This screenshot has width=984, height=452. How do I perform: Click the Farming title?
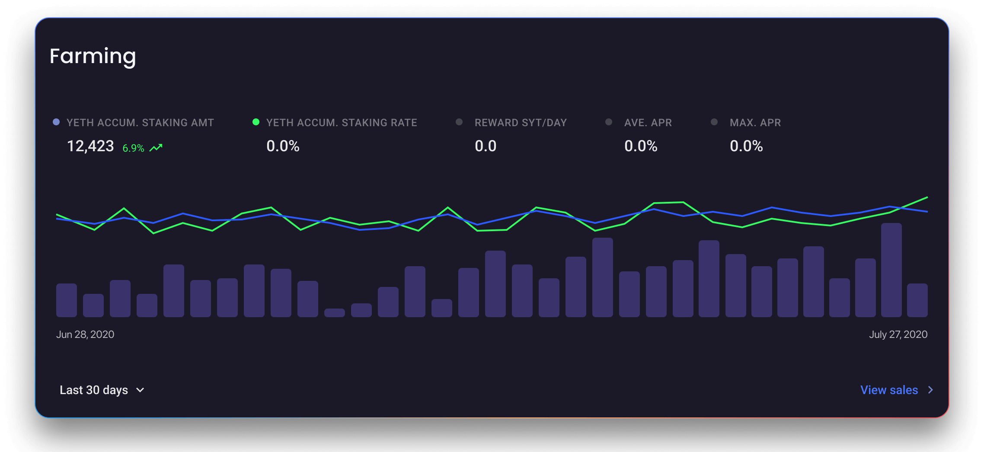coord(93,57)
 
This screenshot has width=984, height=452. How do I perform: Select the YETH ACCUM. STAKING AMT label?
coord(140,123)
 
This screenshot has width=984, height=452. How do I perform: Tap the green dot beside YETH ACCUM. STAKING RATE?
coord(256,122)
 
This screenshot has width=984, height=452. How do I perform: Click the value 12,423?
coord(90,146)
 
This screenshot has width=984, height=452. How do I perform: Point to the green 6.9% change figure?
coord(133,148)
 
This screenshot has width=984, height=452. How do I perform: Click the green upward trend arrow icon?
coord(156,148)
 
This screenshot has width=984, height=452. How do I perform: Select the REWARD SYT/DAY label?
coord(521,123)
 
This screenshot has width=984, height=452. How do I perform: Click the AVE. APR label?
coord(648,123)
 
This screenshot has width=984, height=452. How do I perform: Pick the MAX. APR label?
coord(755,123)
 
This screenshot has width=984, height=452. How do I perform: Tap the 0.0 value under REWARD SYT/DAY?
coord(486,146)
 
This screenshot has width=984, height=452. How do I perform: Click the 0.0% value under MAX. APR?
coord(746,146)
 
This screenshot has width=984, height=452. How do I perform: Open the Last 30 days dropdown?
coord(102,390)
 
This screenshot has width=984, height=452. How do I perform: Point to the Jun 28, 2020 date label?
coord(85,334)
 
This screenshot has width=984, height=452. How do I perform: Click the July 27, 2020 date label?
coord(898,334)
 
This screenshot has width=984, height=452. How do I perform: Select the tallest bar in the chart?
coord(891,270)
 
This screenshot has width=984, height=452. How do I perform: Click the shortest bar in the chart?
coord(335,313)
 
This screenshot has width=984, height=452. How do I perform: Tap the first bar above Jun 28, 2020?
coord(67,300)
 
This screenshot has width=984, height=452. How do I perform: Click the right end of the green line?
coord(926,197)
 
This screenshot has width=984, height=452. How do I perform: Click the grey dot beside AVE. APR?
coord(609,122)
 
